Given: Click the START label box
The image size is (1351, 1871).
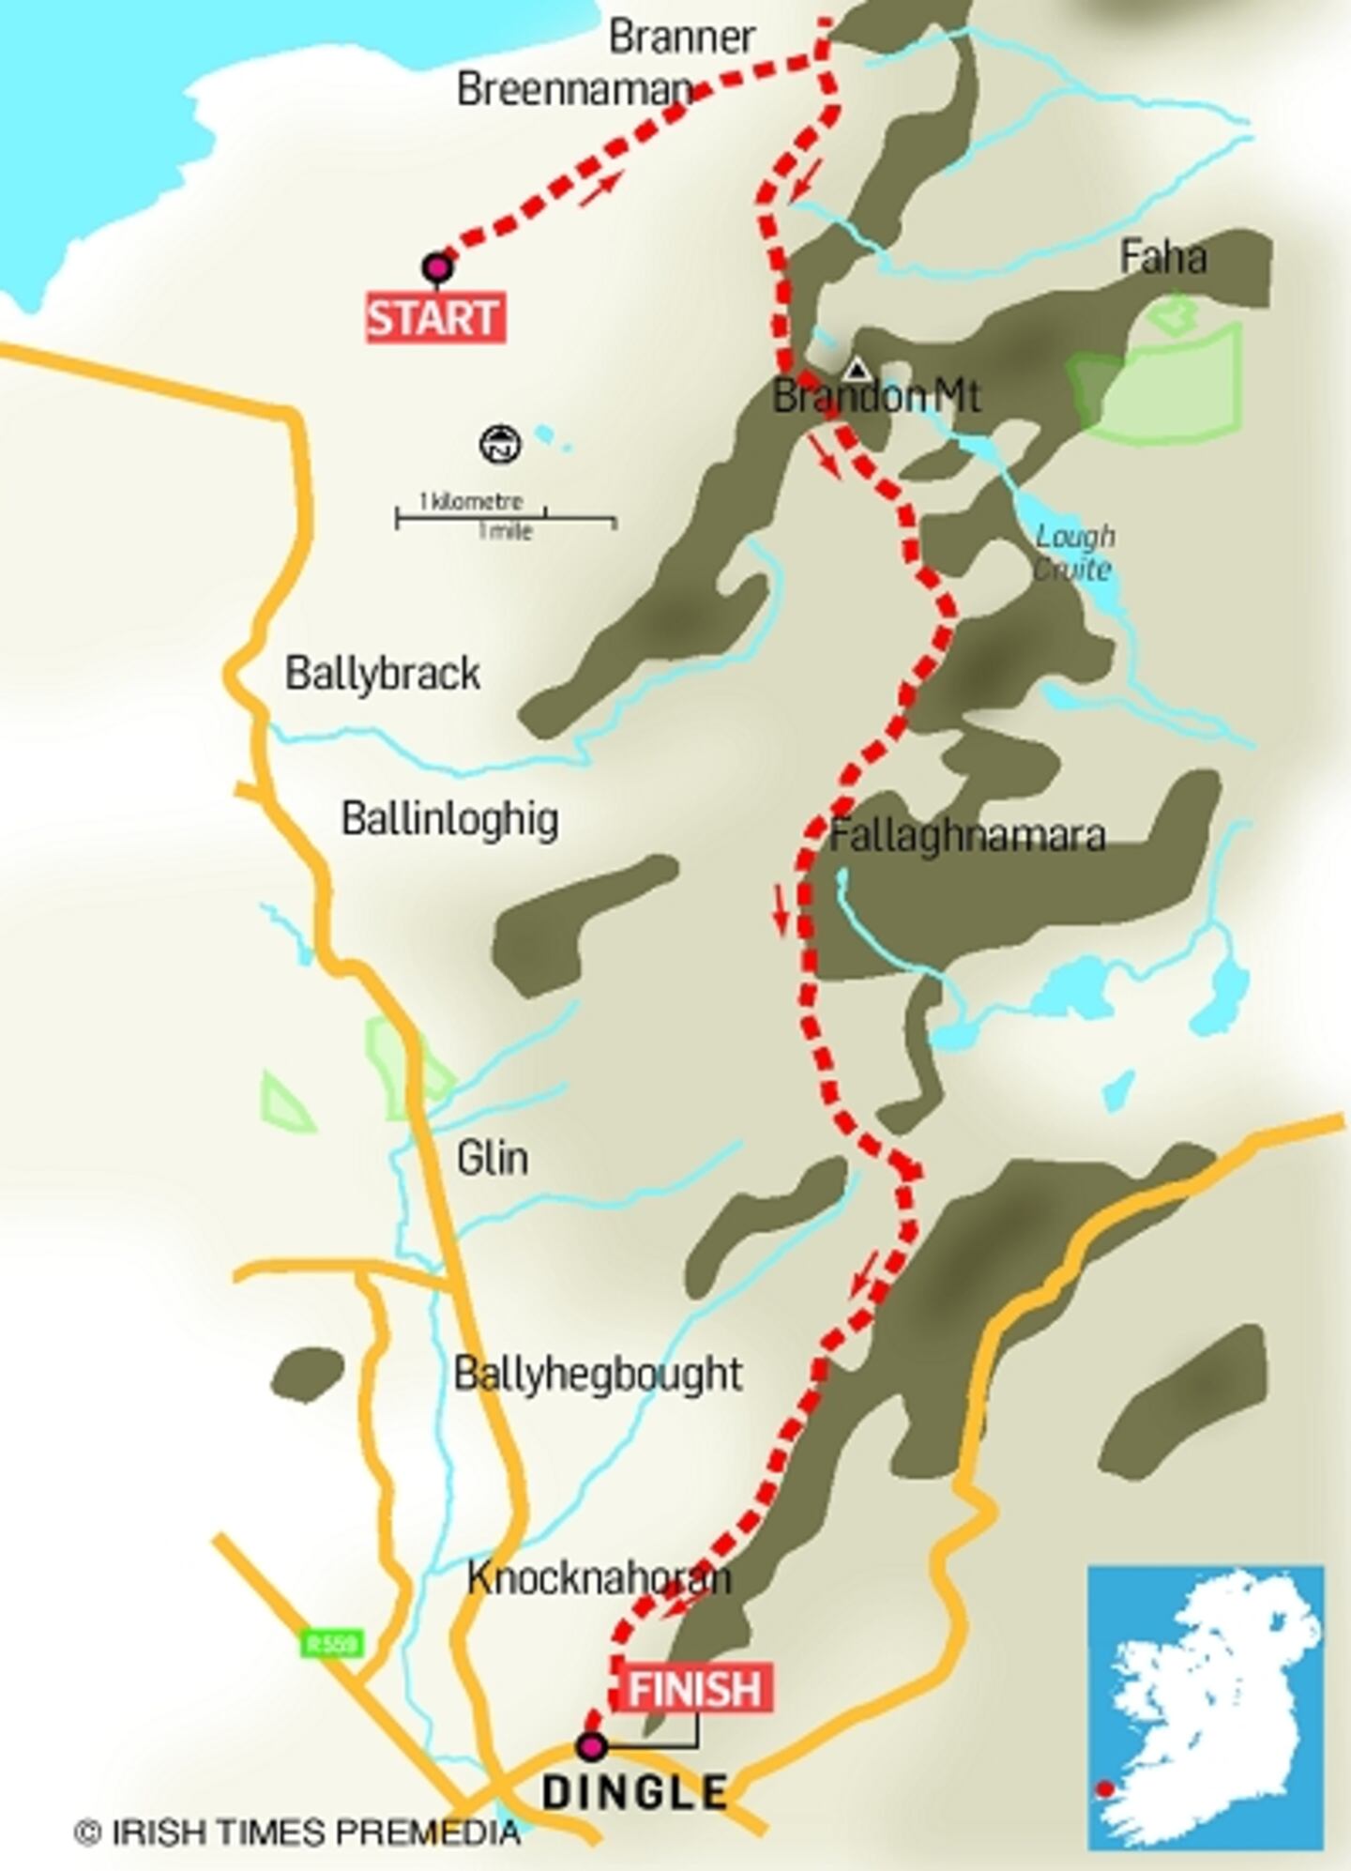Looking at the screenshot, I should coord(434,318).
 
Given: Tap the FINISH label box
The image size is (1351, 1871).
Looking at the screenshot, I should coord(694,1688).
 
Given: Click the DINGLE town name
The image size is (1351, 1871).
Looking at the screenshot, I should coord(635,1791).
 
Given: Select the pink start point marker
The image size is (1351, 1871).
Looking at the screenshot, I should coord(437,268).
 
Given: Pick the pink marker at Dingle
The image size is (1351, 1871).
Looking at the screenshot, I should coord(591,1746).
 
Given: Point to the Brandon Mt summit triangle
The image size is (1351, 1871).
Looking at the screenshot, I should coord(855,368).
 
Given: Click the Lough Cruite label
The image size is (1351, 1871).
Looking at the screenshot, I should coord(1073,553).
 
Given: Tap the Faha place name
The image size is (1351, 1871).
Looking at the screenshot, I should coord(1162,257).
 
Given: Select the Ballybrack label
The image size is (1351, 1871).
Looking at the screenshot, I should coord(382,674).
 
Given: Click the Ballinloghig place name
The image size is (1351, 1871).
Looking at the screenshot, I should coord(449,819).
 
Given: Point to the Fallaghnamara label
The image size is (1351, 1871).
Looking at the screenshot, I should coord(966,835).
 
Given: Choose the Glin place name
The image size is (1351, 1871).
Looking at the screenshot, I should coord(492,1158).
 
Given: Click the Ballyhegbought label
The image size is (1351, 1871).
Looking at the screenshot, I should coord(598,1374).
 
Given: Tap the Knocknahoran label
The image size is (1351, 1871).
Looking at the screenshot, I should coord(599,1578).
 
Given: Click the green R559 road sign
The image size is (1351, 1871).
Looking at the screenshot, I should coord(332,1643).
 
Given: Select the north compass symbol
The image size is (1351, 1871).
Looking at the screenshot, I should coord(500,444).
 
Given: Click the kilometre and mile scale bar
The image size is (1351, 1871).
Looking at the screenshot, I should coord(505,517).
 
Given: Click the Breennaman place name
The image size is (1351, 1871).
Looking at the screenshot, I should coord(574,89).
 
